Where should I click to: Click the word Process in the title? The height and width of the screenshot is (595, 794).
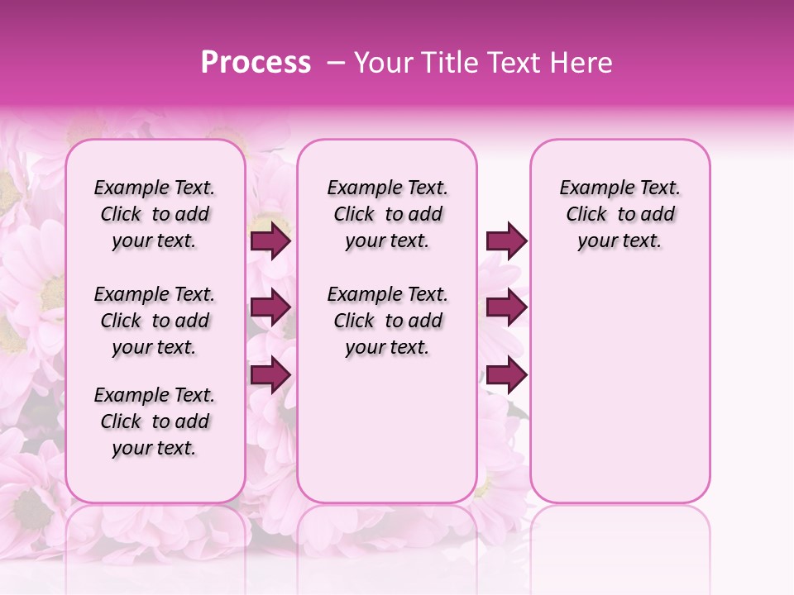[x=256, y=63]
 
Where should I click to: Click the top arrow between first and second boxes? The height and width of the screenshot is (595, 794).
[x=270, y=240]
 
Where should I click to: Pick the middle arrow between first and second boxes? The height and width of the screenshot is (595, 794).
[x=270, y=307]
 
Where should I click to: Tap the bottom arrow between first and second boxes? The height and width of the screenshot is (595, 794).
[x=270, y=374]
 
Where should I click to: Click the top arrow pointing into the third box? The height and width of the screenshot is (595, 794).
[x=506, y=240]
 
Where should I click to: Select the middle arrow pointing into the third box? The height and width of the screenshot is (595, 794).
[x=506, y=307]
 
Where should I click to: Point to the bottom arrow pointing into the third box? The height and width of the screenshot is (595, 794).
[x=506, y=374]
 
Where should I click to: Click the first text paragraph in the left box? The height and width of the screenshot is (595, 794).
[x=155, y=214]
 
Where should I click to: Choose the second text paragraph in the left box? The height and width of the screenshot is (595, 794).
[x=155, y=321]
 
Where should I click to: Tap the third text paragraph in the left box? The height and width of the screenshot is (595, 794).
[x=155, y=421]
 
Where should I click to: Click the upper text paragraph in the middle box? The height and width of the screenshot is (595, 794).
[x=387, y=214]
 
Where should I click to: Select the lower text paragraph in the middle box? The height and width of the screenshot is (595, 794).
[x=387, y=321]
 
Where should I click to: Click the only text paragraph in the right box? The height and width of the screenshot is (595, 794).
[x=619, y=214]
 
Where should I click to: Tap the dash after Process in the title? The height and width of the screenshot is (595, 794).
[x=336, y=63]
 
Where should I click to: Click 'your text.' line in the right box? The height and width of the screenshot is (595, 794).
[x=619, y=241]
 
